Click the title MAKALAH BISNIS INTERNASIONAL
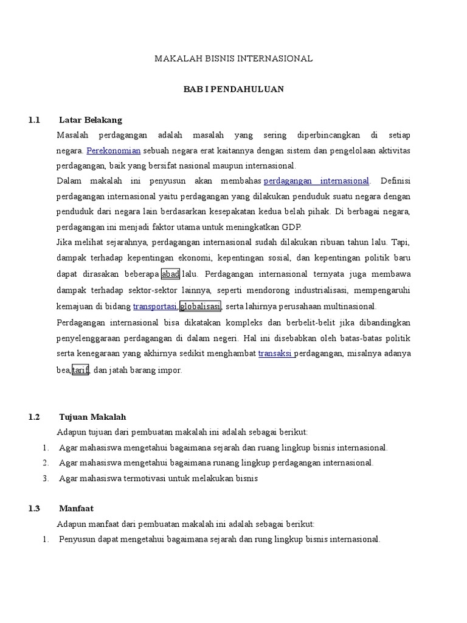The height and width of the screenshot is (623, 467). point(233,59)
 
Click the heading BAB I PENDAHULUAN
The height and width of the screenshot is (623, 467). point(233,89)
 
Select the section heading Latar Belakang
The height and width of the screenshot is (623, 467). point(91,120)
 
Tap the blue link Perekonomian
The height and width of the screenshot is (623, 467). point(114,150)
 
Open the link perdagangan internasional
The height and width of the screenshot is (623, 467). point(317,181)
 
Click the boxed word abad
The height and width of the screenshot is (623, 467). point(170,274)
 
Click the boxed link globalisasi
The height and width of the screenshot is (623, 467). point(200,307)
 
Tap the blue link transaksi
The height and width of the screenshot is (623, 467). point(276,353)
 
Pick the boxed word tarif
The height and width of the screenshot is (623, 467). point(81,370)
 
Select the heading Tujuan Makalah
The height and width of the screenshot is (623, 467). point(92,417)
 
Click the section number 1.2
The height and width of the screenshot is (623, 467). point(33,417)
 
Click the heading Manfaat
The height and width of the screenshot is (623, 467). point(76,508)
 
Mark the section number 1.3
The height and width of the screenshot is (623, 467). point(33,508)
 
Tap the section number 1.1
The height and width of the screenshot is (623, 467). point(33,120)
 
